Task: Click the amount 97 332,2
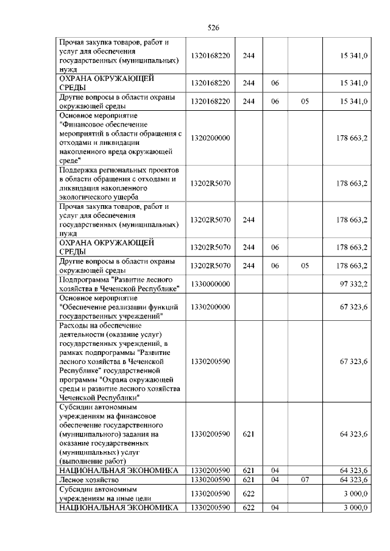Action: [x=353, y=284]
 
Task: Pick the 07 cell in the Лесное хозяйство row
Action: [x=305, y=480]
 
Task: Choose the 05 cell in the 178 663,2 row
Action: [x=305, y=266]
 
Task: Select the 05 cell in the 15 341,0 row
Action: [x=305, y=102]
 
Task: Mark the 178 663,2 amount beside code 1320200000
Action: [x=352, y=138]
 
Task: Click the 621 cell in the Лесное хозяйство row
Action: [x=248, y=480]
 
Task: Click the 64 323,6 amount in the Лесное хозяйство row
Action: [x=353, y=480]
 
